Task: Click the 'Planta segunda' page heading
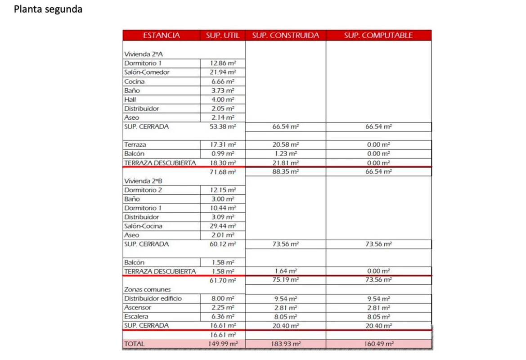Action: tap(48, 9)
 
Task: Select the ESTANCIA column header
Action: tap(162, 36)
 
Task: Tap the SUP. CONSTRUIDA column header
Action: tap(285, 36)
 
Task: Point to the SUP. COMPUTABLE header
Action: tap(378, 36)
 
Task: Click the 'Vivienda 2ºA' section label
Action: tap(140, 54)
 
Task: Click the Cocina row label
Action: tap(135, 81)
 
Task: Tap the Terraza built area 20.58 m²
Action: tap(286, 145)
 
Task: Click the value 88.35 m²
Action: tap(286, 171)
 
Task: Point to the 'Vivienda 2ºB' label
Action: tap(140, 180)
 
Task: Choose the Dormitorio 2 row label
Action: tap(143, 190)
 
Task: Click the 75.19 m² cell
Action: tap(286, 280)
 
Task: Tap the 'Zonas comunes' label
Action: tap(144, 289)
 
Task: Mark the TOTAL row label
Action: tap(135, 344)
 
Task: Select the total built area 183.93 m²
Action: tap(286, 344)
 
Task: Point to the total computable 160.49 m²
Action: tap(378, 344)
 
